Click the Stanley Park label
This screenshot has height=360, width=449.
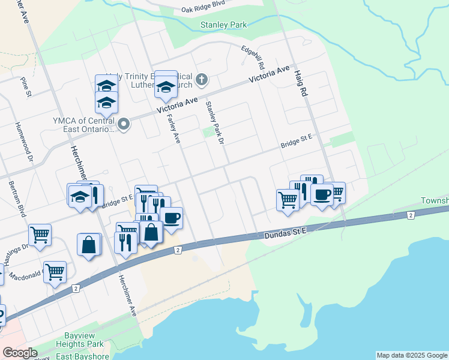coord(224,25)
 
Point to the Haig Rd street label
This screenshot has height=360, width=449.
coord(300,83)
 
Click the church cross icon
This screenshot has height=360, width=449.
coord(202,79)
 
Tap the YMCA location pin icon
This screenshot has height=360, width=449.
coord(124,125)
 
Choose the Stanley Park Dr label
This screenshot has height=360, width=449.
coord(214,122)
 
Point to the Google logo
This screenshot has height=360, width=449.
coord(20,353)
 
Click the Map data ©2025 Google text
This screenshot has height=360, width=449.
coord(412,355)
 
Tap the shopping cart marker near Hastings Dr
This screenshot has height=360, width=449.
coord(40,235)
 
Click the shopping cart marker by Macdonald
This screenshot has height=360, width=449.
coord(55,271)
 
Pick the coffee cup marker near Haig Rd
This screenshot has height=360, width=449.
coord(322,194)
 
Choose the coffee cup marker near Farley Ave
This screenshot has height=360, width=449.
coord(171,217)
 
